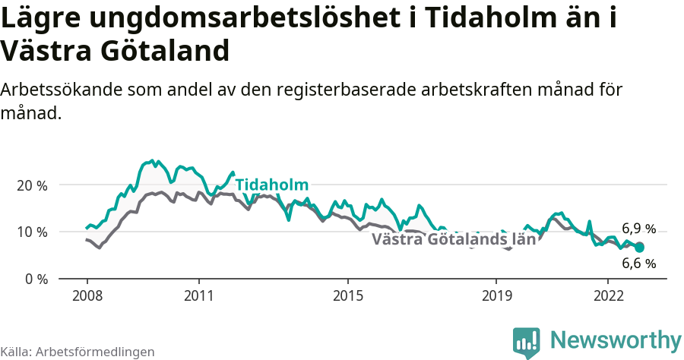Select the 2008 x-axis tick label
point(87,295)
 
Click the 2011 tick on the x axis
point(198,295)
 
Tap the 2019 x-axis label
point(496,295)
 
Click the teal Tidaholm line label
point(271,185)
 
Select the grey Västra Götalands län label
point(454,240)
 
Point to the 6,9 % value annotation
point(638,229)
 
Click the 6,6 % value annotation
point(638,264)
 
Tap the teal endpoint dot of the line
point(639,248)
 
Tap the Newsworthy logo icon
point(526,342)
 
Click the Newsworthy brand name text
point(616,339)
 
